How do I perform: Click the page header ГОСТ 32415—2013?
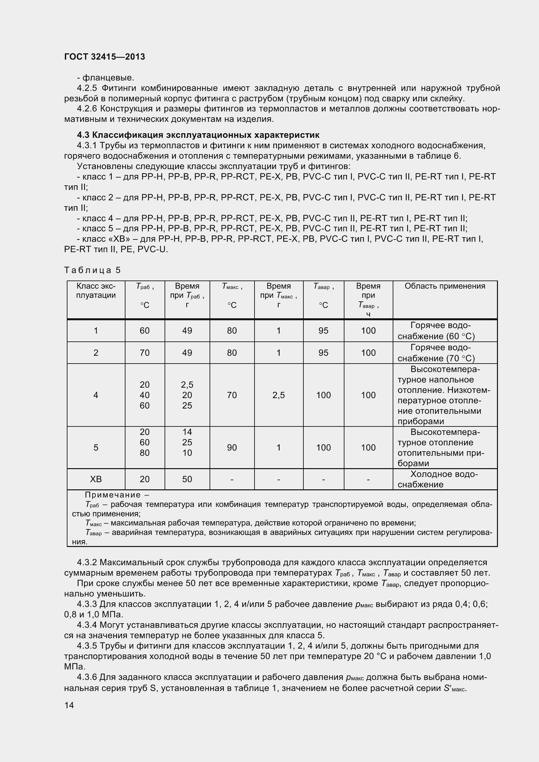tap(105, 57)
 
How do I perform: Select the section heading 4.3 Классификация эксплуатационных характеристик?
tap(198, 135)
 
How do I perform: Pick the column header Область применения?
tap(444, 286)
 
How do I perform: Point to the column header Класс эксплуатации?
tap(96, 290)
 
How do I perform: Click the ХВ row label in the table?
tap(96, 479)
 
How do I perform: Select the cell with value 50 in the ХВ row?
tap(187, 479)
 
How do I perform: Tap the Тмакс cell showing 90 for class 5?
tap(232, 447)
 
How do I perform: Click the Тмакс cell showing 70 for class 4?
tap(232, 395)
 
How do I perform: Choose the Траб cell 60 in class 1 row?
tap(144, 331)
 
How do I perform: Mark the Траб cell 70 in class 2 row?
tap(144, 352)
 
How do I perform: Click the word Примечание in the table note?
tap(113, 495)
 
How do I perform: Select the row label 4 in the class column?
tap(96, 395)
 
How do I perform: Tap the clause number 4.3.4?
tap(87, 625)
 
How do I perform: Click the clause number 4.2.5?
tap(87, 88)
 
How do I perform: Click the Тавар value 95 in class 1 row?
tap(323, 331)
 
